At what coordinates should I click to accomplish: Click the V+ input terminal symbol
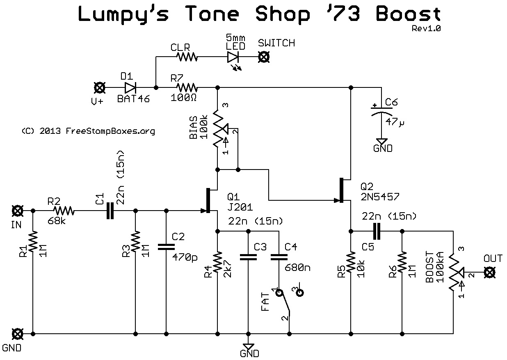(x=99, y=87)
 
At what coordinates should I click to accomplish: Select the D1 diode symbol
(x=130, y=87)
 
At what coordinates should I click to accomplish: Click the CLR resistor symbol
(x=187, y=56)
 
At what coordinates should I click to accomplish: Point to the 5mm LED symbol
(x=233, y=56)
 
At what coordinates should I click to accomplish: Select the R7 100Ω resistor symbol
(x=187, y=87)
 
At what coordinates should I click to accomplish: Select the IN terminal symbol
(x=17, y=211)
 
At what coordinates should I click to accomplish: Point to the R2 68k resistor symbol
(x=64, y=211)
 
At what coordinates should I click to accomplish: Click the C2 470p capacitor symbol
(x=166, y=247)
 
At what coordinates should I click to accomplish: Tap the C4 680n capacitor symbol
(x=279, y=257)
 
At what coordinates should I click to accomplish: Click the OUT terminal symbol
(x=489, y=272)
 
